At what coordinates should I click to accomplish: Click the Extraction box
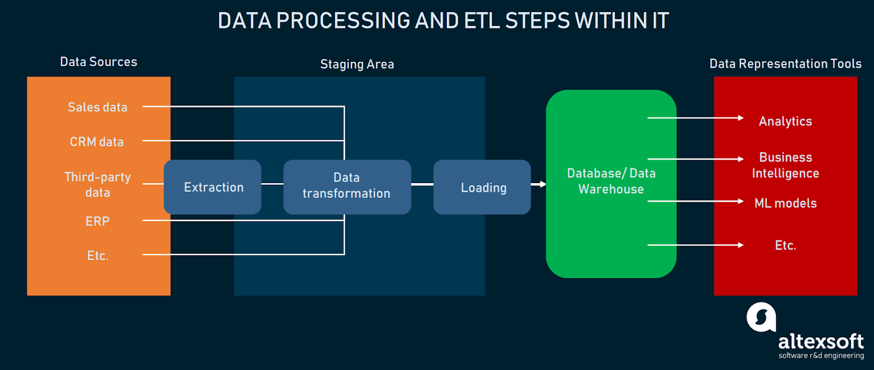click(212, 187)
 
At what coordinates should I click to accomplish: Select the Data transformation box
click(347, 186)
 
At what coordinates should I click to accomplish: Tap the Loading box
click(482, 187)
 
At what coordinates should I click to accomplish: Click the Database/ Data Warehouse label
click(611, 181)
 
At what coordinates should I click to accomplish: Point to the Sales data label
click(97, 107)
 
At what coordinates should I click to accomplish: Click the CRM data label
click(97, 142)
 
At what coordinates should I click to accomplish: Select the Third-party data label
click(97, 185)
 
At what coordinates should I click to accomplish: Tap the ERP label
click(97, 221)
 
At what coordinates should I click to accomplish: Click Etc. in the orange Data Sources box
click(98, 256)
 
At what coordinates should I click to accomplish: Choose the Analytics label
click(785, 121)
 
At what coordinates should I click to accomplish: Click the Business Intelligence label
click(786, 165)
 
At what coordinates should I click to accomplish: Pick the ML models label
click(786, 203)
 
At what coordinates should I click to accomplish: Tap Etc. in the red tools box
click(786, 245)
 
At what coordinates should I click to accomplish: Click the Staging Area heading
click(357, 64)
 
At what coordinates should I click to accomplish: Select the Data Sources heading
click(98, 62)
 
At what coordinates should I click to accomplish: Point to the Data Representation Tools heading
click(785, 64)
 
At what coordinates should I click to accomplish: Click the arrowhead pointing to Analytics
click(741, 118)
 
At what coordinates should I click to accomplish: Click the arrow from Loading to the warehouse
click(539, 184)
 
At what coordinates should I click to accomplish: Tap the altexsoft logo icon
click(761, 317)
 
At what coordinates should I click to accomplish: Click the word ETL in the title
click(481, 21)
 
